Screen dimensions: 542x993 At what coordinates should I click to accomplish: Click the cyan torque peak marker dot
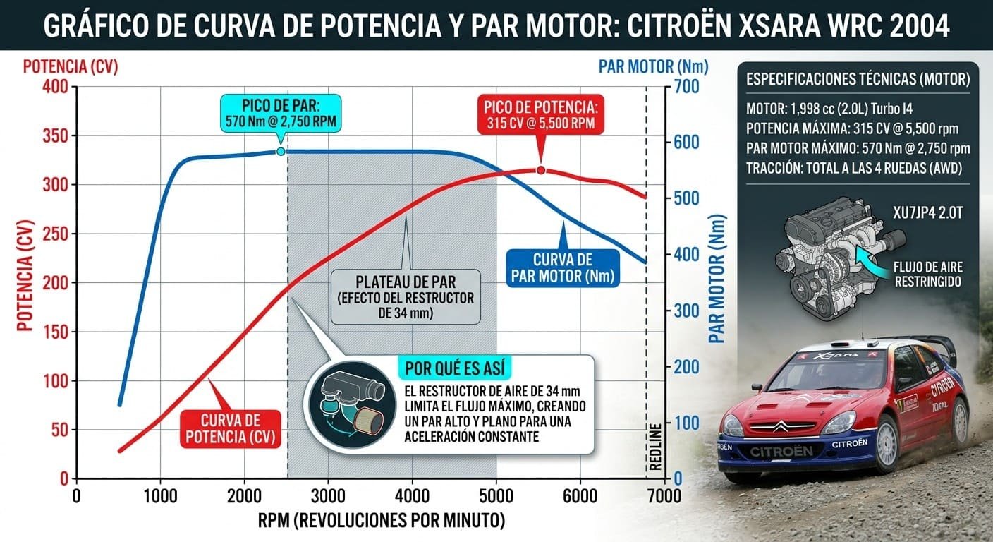(x=281, y=151)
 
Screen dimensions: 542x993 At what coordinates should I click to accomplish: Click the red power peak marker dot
(x=541, y=170)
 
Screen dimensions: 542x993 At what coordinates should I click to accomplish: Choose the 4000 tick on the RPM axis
(x=413, y=495)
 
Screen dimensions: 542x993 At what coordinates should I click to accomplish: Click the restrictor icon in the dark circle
(x=349, y=405)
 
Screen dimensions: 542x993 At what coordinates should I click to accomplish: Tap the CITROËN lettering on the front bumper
(x=781, y=451)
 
